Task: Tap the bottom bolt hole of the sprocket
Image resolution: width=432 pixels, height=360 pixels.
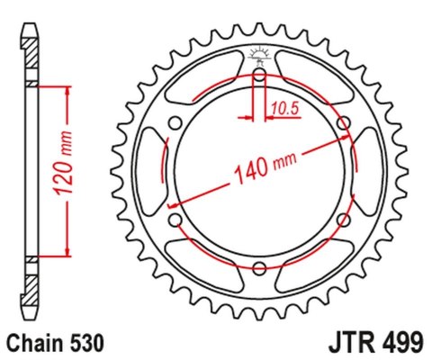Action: coord(259,267)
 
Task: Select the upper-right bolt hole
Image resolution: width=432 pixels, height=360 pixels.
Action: coord(343,122)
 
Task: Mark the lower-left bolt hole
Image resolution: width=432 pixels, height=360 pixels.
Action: coord(175,219)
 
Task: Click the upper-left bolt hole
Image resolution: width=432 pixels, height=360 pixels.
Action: coord(175,122)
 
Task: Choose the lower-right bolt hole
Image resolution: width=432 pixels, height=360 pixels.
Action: coord(343,219)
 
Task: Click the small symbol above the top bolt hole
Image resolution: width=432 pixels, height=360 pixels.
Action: coord(259,56)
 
